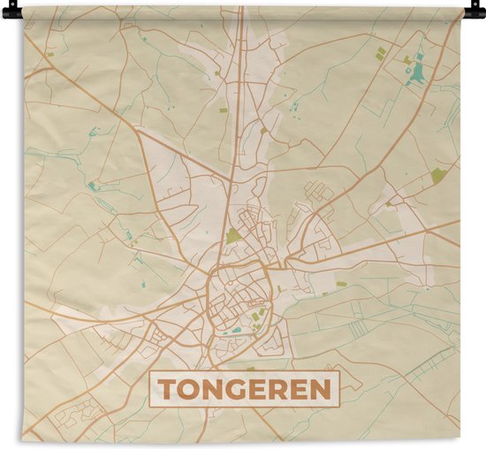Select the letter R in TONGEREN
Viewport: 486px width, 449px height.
coord(281,389)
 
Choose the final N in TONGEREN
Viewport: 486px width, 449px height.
coord(323,389)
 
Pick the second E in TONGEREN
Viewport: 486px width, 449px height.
coord(302,389)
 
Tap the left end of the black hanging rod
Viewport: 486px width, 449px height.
coord(7,12)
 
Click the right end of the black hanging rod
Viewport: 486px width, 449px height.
coord(478,12)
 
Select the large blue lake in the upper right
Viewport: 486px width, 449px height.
coord(416,72)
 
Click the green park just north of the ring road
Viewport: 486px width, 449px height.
coord(232,235)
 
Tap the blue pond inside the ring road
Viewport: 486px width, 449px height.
coord(236,331)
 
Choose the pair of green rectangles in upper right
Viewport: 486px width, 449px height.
coord(381,54)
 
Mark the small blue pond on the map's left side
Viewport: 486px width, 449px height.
coord(91,186)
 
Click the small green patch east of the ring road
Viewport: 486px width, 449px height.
coord(341,284)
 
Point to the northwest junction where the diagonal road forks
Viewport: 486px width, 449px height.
coord(137,130)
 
